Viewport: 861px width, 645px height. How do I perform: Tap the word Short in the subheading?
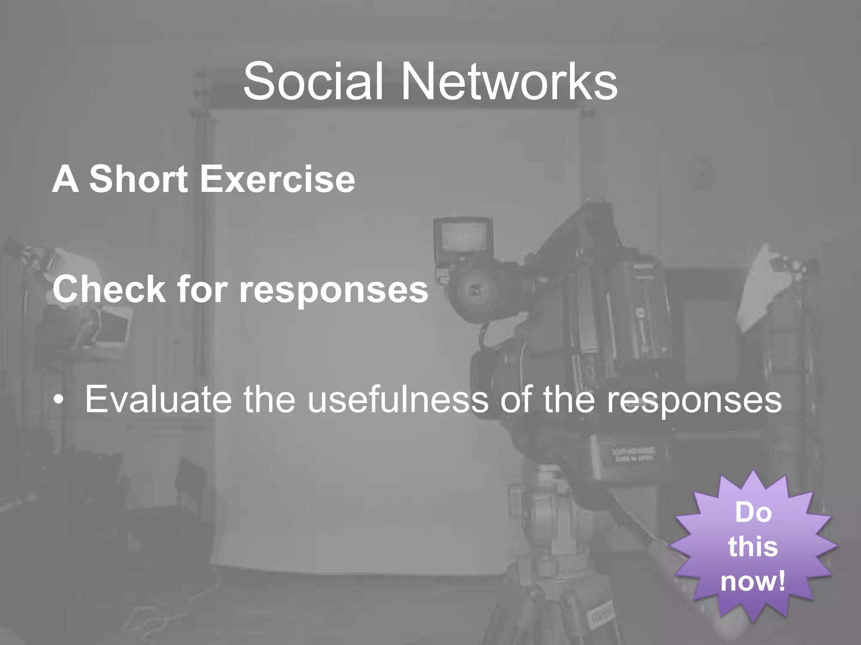[x=138, y=179]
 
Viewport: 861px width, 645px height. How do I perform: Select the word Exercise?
[x=277, y=179]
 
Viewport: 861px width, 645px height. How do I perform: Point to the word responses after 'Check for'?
[x=333, y=291]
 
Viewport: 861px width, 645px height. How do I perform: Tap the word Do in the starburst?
[x=753, y=512]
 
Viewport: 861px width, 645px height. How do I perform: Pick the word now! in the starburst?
[x=753, y=582]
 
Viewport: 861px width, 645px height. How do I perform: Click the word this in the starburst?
[x=753, y=547]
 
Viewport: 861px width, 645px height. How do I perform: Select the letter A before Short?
[x=66, y=179]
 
